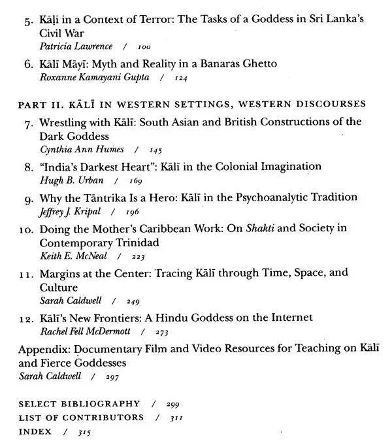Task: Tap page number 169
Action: point(136,180)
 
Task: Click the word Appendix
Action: point(42,348)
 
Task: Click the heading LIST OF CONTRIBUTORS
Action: point(81,418)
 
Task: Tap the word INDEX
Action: point(35,431)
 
